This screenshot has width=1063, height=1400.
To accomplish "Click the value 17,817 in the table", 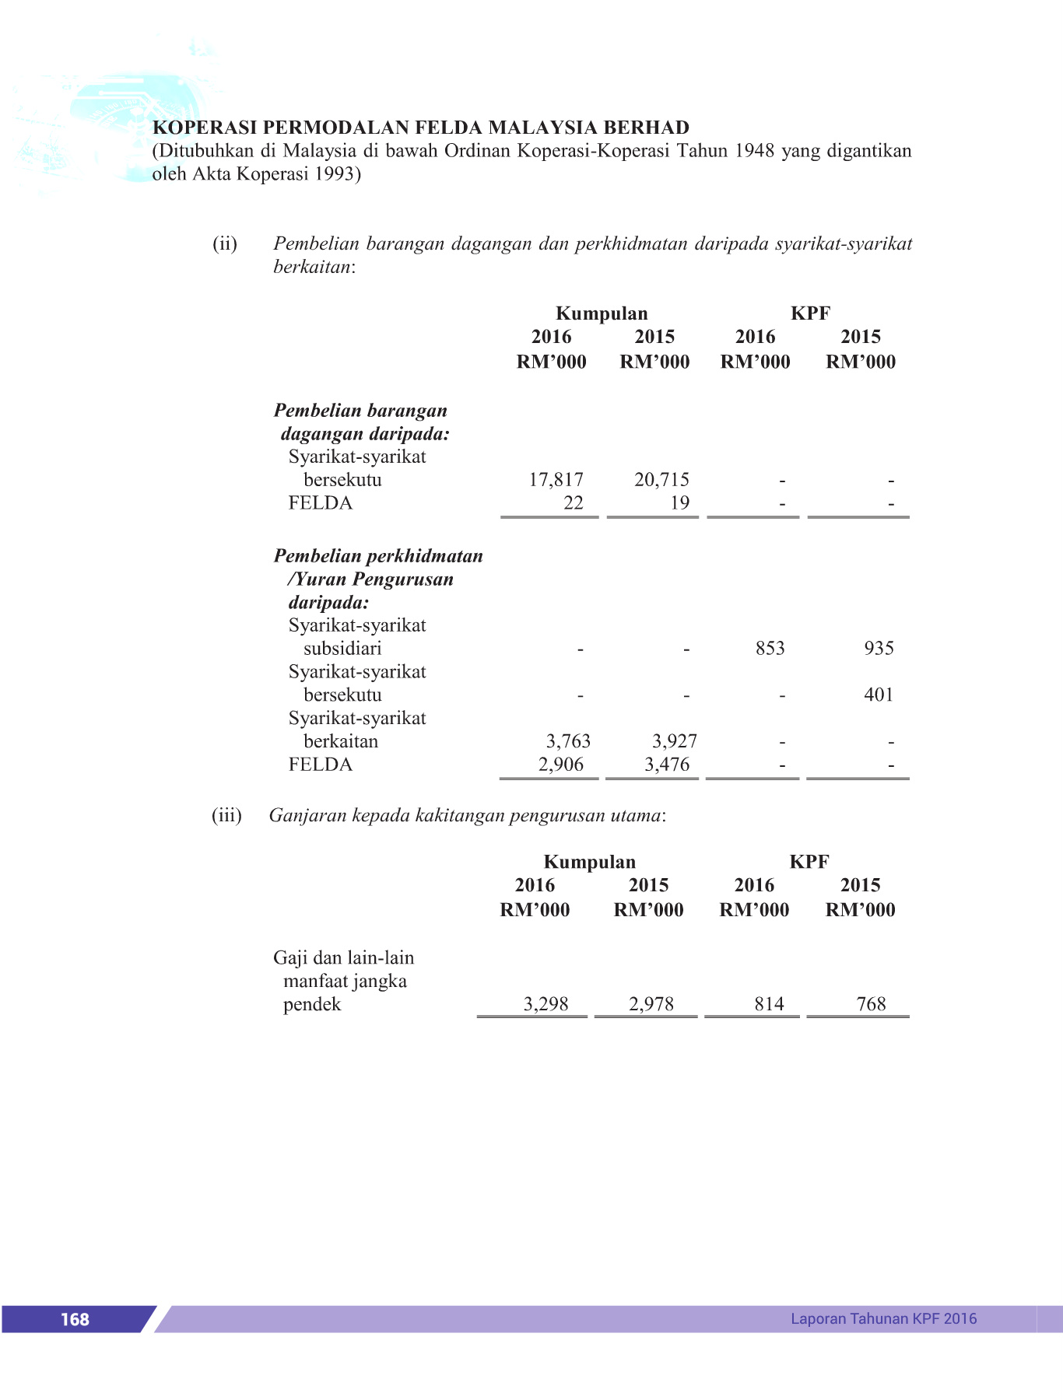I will tap(556, 480).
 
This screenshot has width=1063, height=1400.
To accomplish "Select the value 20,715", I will tap(661, 480).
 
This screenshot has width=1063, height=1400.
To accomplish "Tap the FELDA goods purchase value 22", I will tap(573, 503).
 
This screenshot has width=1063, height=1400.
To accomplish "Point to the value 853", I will tap(770, 649).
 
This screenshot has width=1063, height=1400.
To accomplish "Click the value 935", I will tap(879, 649).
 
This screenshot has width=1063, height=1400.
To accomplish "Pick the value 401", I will tap(879, 695).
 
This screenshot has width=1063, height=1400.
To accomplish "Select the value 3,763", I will tap(568, 741).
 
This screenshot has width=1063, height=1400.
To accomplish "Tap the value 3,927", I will tap(674, 741).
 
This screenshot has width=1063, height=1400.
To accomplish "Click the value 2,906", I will tap(561, 765).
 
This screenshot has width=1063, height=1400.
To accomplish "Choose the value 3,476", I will tap(667, 765).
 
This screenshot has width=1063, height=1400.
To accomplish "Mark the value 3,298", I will tap(546, 1004).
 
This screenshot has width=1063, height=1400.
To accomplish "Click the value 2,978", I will tap(651, 1004).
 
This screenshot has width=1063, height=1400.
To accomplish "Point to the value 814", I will tap(769, 1004).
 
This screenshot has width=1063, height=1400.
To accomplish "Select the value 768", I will tap(871, 1004).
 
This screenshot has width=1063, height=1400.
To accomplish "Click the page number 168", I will tap(75, 1319).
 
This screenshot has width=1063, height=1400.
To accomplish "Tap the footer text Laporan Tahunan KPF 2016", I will tap(883, 1318).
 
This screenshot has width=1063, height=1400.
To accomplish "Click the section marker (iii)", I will tap(226, 815).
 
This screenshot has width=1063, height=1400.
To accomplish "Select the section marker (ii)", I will tap(225, 243).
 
